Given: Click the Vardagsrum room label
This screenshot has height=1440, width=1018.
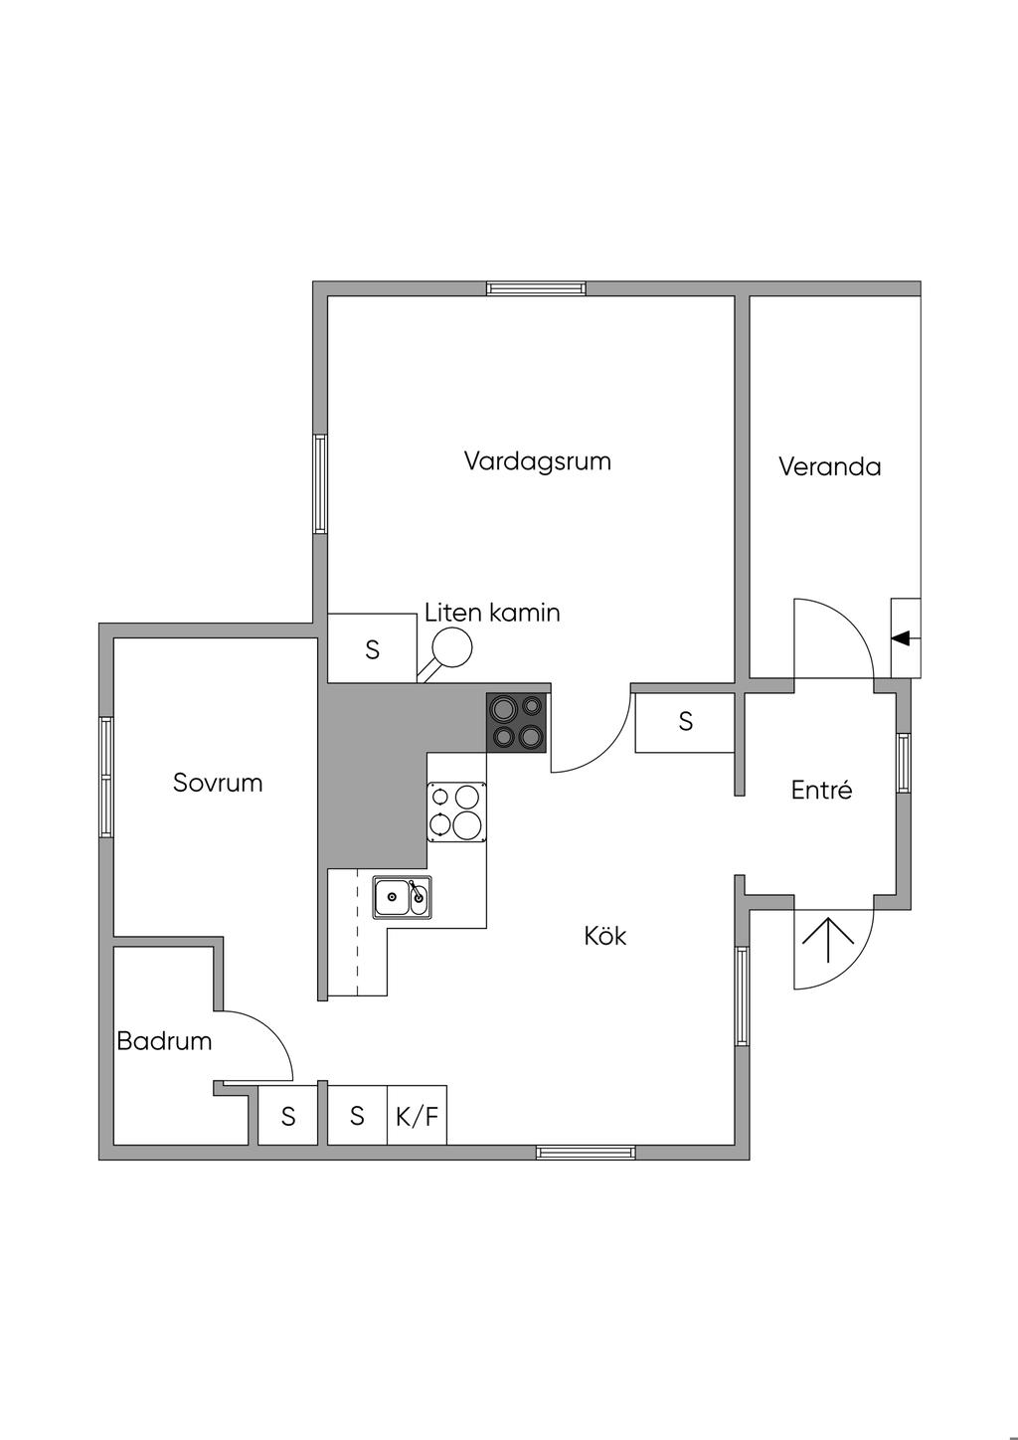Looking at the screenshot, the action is pyautogui.click(x=537, y=461).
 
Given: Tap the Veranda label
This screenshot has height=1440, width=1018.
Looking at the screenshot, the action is pyautogui.click(x=829, y=466).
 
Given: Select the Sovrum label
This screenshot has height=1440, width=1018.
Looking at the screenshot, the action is pyautogui.click(x=218, y=783).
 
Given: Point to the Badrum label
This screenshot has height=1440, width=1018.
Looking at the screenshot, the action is pyautogui.click(x=164, y=1041).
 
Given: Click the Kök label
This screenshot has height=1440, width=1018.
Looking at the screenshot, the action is pyautogui.click(x=605, y=936).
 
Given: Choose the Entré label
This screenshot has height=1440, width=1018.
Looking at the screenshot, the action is pyautogui.click(x=821, y=791).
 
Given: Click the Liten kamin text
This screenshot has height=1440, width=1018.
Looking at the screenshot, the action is pyautogui.click(x=492, y=613).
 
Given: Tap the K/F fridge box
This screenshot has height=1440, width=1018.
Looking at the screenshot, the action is pyautogui.click(x=417, y=1116).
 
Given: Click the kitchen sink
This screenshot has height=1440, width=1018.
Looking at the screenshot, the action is pyautogui.click(x=403, y=897).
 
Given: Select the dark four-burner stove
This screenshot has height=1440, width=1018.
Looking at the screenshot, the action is pyautogui.click(x=517, y=722).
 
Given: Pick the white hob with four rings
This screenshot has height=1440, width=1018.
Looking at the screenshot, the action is pyautogui.click(x=457, y=811).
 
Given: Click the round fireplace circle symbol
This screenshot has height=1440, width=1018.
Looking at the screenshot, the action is pyautogui.click(x=453, y=647).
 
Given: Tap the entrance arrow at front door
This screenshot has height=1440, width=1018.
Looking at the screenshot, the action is pyautogui.click(x=828, y=940).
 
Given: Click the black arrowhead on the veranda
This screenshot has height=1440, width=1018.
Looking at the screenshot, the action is pyautogui.click(x=901, y=638).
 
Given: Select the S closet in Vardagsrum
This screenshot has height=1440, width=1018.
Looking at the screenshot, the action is pyautogui.click(x=372, y=649).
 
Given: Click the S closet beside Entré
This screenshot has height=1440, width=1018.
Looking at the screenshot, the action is pyautogui.click(x=685, y=722).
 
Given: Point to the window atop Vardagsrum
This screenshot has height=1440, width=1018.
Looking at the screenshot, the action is pyautogui.click(x=536, y=288).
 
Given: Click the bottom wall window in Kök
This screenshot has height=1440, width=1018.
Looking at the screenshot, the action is pyautogui.click(x=586, y=1153).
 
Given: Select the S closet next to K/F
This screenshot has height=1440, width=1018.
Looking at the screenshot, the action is pyautogui.click(x=357, y=1116).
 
